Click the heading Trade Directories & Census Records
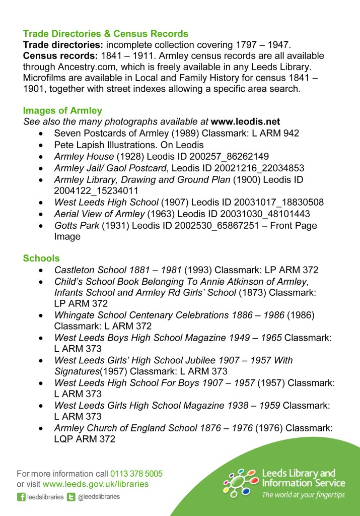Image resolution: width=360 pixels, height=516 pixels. point(106,34)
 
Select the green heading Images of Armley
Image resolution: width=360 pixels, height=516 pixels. point(62,111)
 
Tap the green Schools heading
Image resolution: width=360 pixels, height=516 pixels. point(41,259)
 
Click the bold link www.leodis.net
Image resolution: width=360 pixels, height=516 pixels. point(245,122)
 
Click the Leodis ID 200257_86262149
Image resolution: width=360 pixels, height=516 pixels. point(220,156)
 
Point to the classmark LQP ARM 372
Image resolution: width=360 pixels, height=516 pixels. point(85,439)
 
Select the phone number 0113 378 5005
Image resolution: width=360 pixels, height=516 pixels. point(136,474)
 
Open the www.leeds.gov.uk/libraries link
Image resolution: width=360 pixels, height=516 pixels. point(96,484)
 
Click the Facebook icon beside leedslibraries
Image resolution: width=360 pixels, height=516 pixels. point(21,497)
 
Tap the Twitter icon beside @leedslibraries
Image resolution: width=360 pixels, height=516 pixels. point(71,497)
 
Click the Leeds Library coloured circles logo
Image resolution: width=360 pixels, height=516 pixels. point(241,483)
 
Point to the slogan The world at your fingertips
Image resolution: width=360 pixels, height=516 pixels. point(303,495)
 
